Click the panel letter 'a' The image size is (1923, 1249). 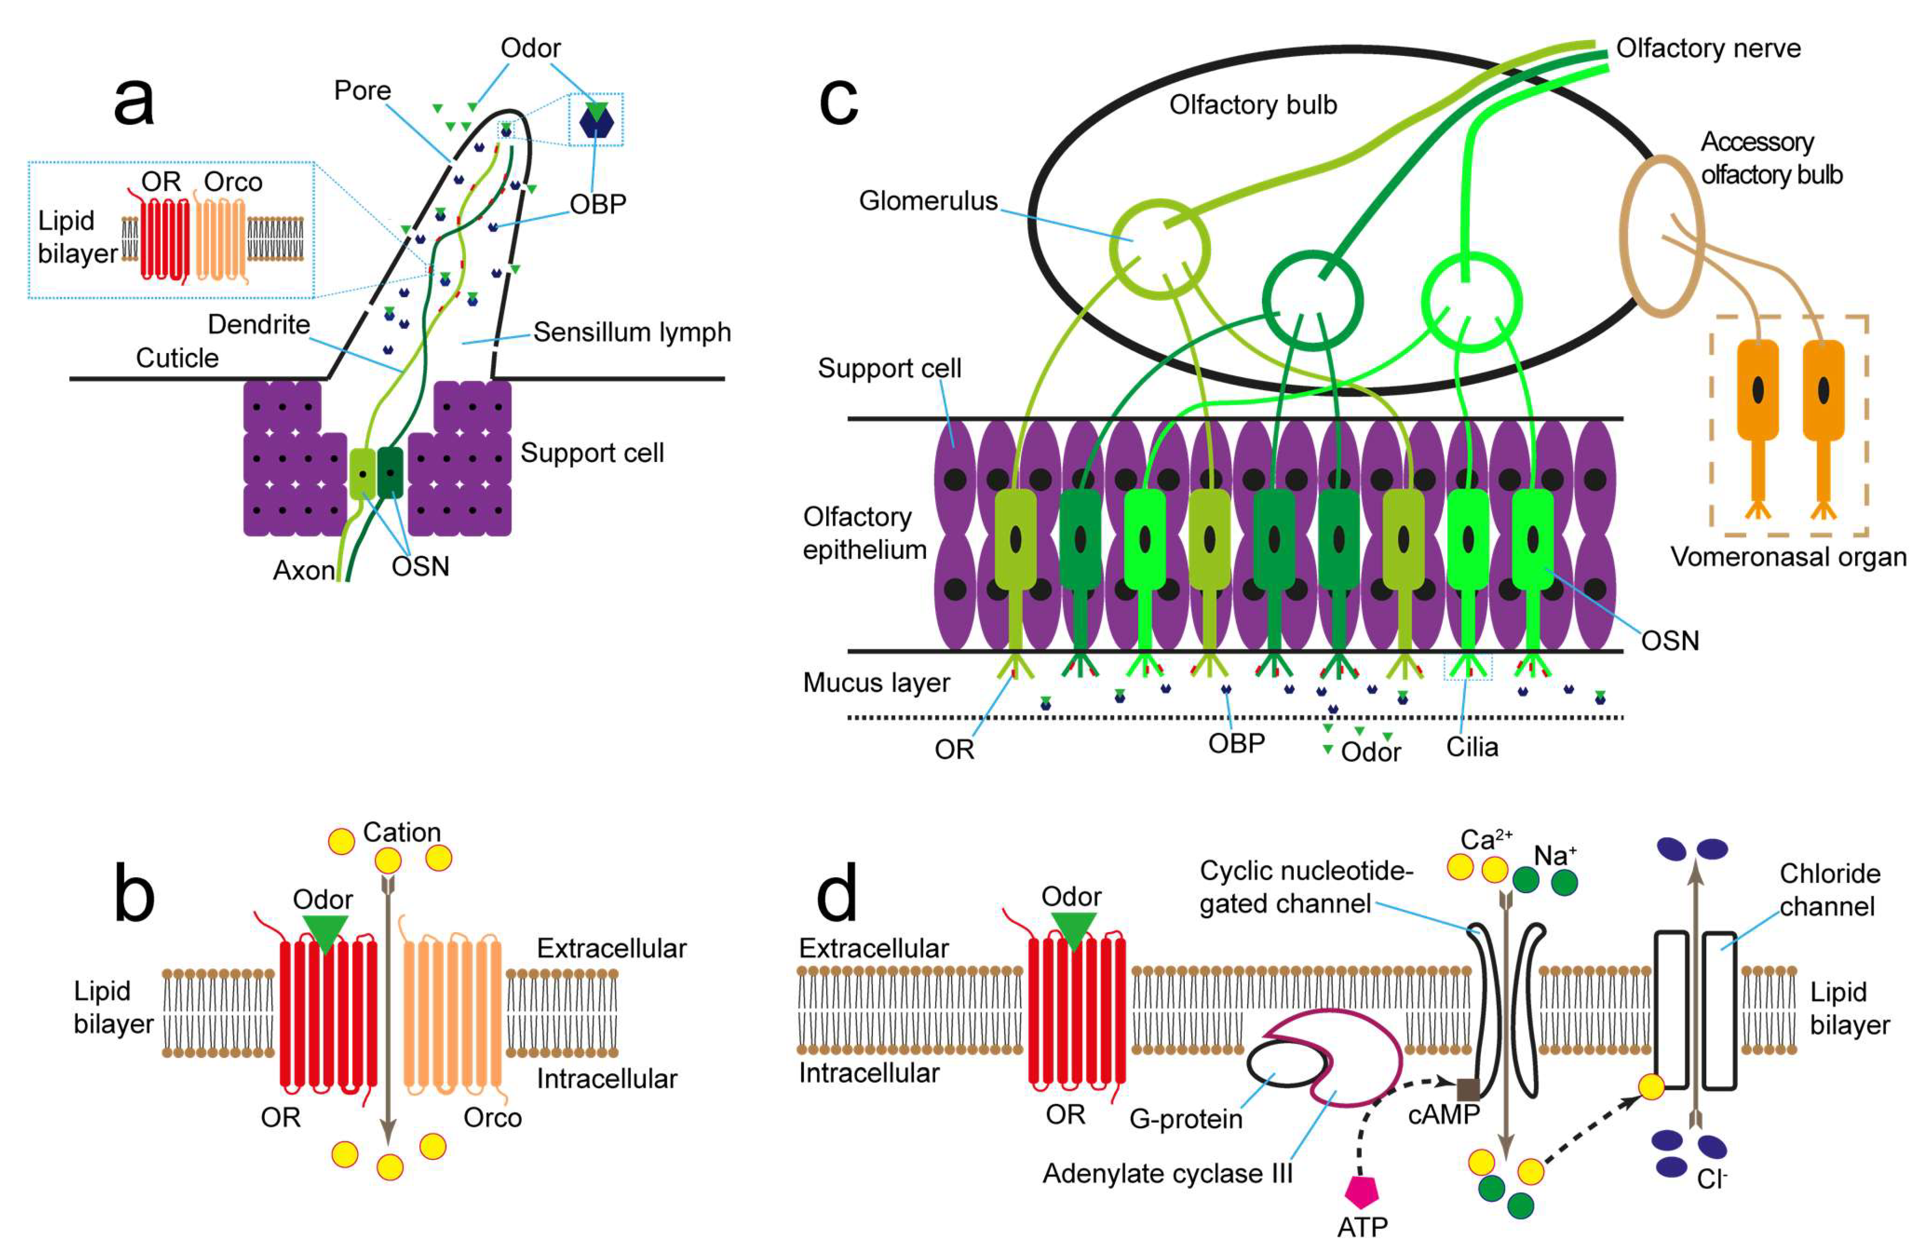[x=134, y=102]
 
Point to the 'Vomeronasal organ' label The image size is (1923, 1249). [x=1788, y=557]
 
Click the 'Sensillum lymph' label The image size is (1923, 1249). [x=631, y=332]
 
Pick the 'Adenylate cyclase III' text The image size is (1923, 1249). [x=1167, y=1173]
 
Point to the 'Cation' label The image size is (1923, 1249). [x=402, y=832]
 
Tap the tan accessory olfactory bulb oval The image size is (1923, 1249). [x=1662, y=236]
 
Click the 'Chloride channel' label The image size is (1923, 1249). [x=1829, y=890]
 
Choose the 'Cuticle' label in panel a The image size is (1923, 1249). [x=177, y=358]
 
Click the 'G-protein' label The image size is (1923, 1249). [x=1185, y=1119]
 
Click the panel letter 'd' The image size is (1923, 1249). [x=837, y=895]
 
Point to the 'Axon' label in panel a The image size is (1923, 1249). [x=303, y=570]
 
